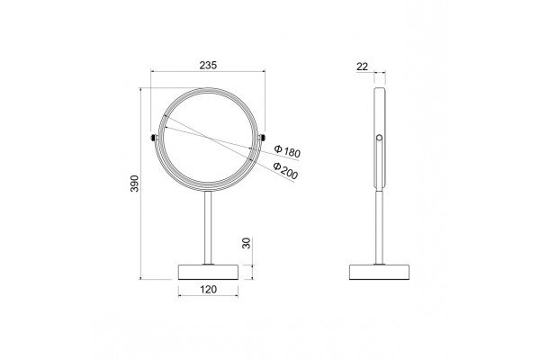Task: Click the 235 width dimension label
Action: (209, 65)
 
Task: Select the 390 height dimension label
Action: (134, 184)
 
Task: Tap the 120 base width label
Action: (209, 290)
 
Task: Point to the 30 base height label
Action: (247, 243)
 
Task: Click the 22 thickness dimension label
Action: (363, 66)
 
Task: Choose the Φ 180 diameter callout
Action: (287, 151)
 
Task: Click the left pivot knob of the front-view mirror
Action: (154, 138)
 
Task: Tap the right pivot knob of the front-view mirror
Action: (263, 138)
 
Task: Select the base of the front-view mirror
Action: (208, 272)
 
